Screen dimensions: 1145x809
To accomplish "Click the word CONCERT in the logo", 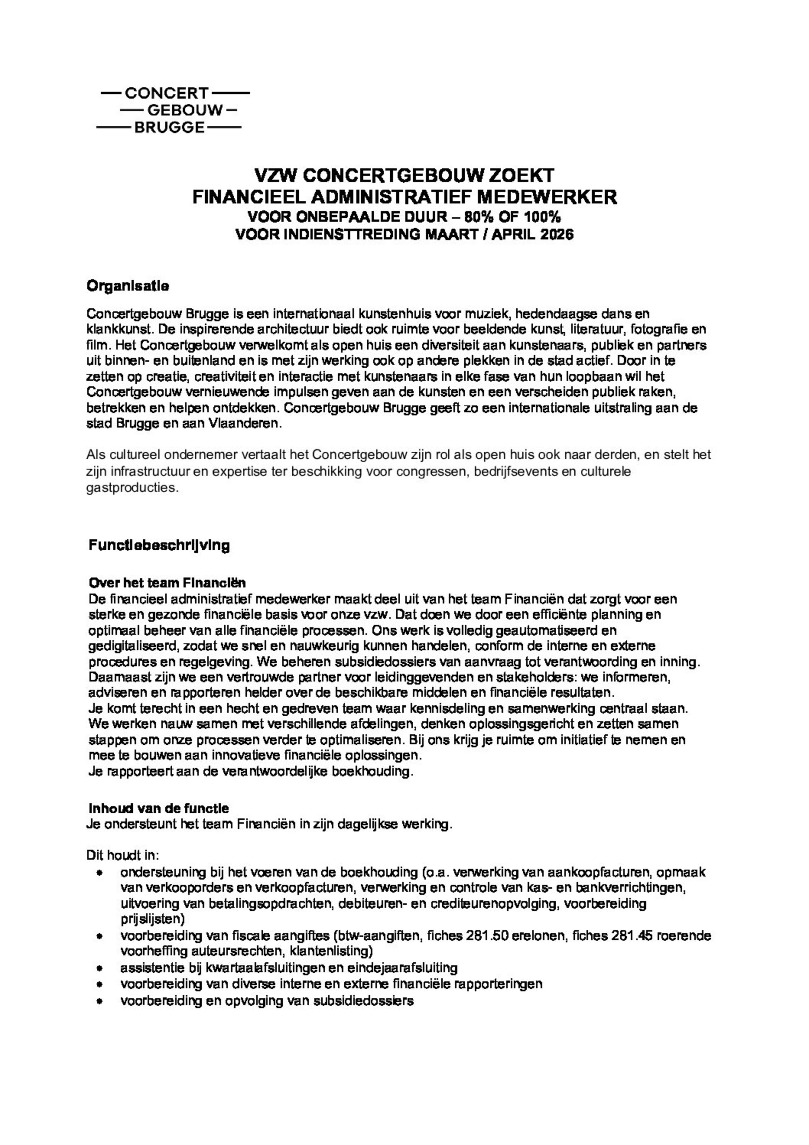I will (x=167, y=93).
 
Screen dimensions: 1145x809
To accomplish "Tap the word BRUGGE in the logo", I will (x=170, y=128).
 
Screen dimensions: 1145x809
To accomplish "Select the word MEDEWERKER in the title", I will (x=547, y=197).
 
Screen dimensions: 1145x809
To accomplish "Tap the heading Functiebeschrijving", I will (x=159, y=545).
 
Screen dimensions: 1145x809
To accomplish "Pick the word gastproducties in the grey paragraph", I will (x=132, y=487).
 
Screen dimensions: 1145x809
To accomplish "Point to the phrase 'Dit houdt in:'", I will (x=123, y=855).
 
